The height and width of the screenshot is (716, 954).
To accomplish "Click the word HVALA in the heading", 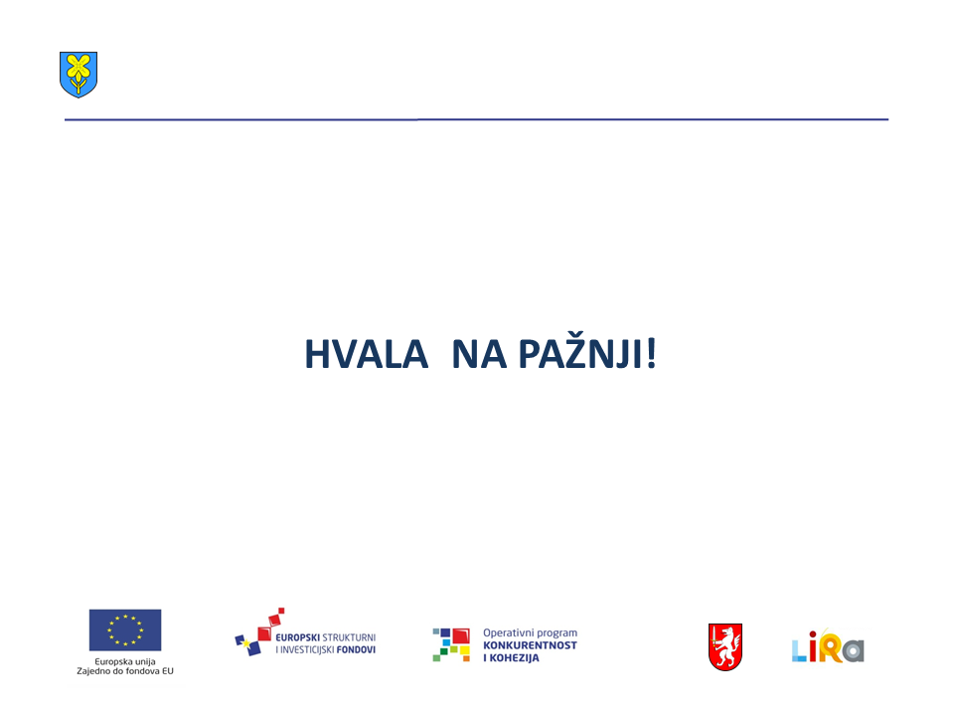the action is (x=367, y=354).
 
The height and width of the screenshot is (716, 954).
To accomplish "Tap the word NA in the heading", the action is (x=479, y=354).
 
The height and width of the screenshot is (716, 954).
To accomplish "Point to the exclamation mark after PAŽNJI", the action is (x=651, y=354).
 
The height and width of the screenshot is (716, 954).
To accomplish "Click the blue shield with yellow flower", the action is (x=79, y=75).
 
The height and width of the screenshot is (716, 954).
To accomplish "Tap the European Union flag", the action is (x=125, y=630).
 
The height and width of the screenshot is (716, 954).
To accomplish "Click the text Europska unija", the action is (x=125, y=661).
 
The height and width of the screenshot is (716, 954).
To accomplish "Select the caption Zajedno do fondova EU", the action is (x=125, y=671).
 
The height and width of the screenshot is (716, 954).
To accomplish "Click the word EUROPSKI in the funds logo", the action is (x=297, y=637).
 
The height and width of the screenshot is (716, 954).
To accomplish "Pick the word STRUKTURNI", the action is (x=349, y=637).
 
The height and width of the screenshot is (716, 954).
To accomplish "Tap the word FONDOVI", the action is (x=356, y=649).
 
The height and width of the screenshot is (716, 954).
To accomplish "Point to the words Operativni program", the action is (x=530, y=633).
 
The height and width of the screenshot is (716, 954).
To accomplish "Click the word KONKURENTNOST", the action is (x=530, y=645).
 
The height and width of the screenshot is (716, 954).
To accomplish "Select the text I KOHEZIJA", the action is (x=511, y=657).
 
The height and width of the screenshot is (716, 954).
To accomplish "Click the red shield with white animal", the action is (x=725, y=646).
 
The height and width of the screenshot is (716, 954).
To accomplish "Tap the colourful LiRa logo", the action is (x=828, y=646).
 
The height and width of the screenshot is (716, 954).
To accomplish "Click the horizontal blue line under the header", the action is (x=476, y=119).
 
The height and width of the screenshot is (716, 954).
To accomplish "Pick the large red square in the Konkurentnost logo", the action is (x=461, y=636).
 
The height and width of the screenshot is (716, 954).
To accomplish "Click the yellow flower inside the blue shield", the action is (x=79, y=69).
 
